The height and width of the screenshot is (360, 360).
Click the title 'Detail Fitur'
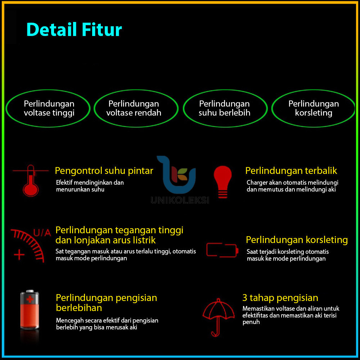(x=74, y=30)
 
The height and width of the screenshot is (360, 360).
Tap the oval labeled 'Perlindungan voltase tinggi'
(x=49, y=108)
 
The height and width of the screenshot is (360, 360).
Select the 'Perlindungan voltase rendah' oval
(x=136, y=108)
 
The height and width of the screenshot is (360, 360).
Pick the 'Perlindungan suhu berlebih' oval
(x=225, y=108)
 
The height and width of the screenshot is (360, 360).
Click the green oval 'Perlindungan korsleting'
(x=313, y=108)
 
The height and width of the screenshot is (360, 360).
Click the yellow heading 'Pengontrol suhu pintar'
(x=104, y=171)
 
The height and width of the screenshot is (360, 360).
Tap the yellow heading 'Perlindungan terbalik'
(x=291, y=171)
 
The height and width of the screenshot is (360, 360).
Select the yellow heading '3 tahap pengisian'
(x=280, y=298)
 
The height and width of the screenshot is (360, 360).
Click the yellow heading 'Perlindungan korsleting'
(x=297, y=240)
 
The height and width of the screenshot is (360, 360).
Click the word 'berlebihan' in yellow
(x=79, y=308)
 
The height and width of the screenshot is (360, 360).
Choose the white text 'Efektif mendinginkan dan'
(x=90, y=183)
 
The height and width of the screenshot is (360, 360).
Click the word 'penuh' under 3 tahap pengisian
(x=251, y=322)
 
